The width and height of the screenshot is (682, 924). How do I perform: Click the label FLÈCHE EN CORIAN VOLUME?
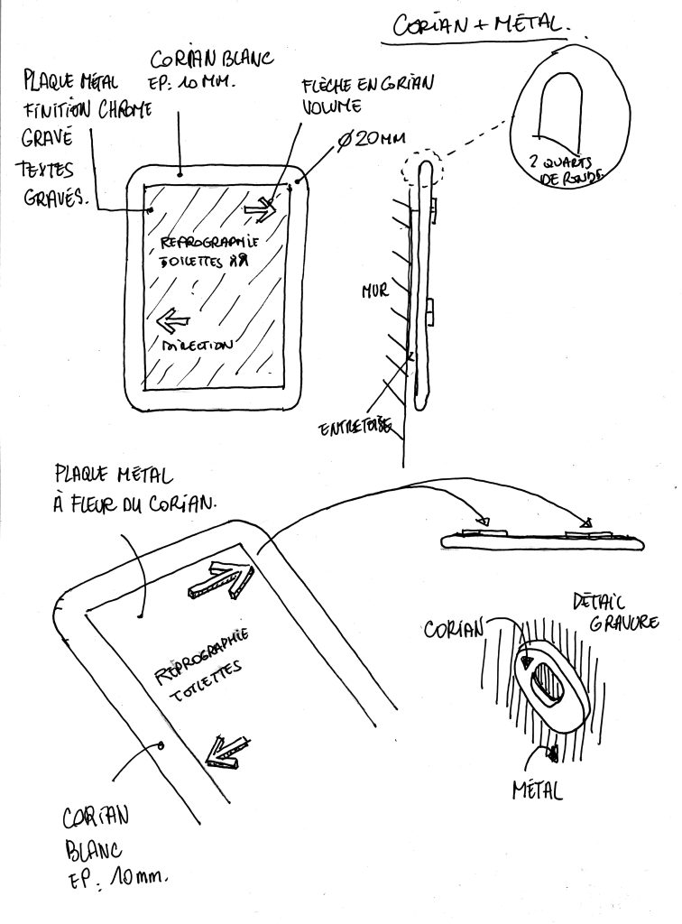pos(369,94)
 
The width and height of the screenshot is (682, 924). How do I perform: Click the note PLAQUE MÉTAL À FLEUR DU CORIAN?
pos(134,488)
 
